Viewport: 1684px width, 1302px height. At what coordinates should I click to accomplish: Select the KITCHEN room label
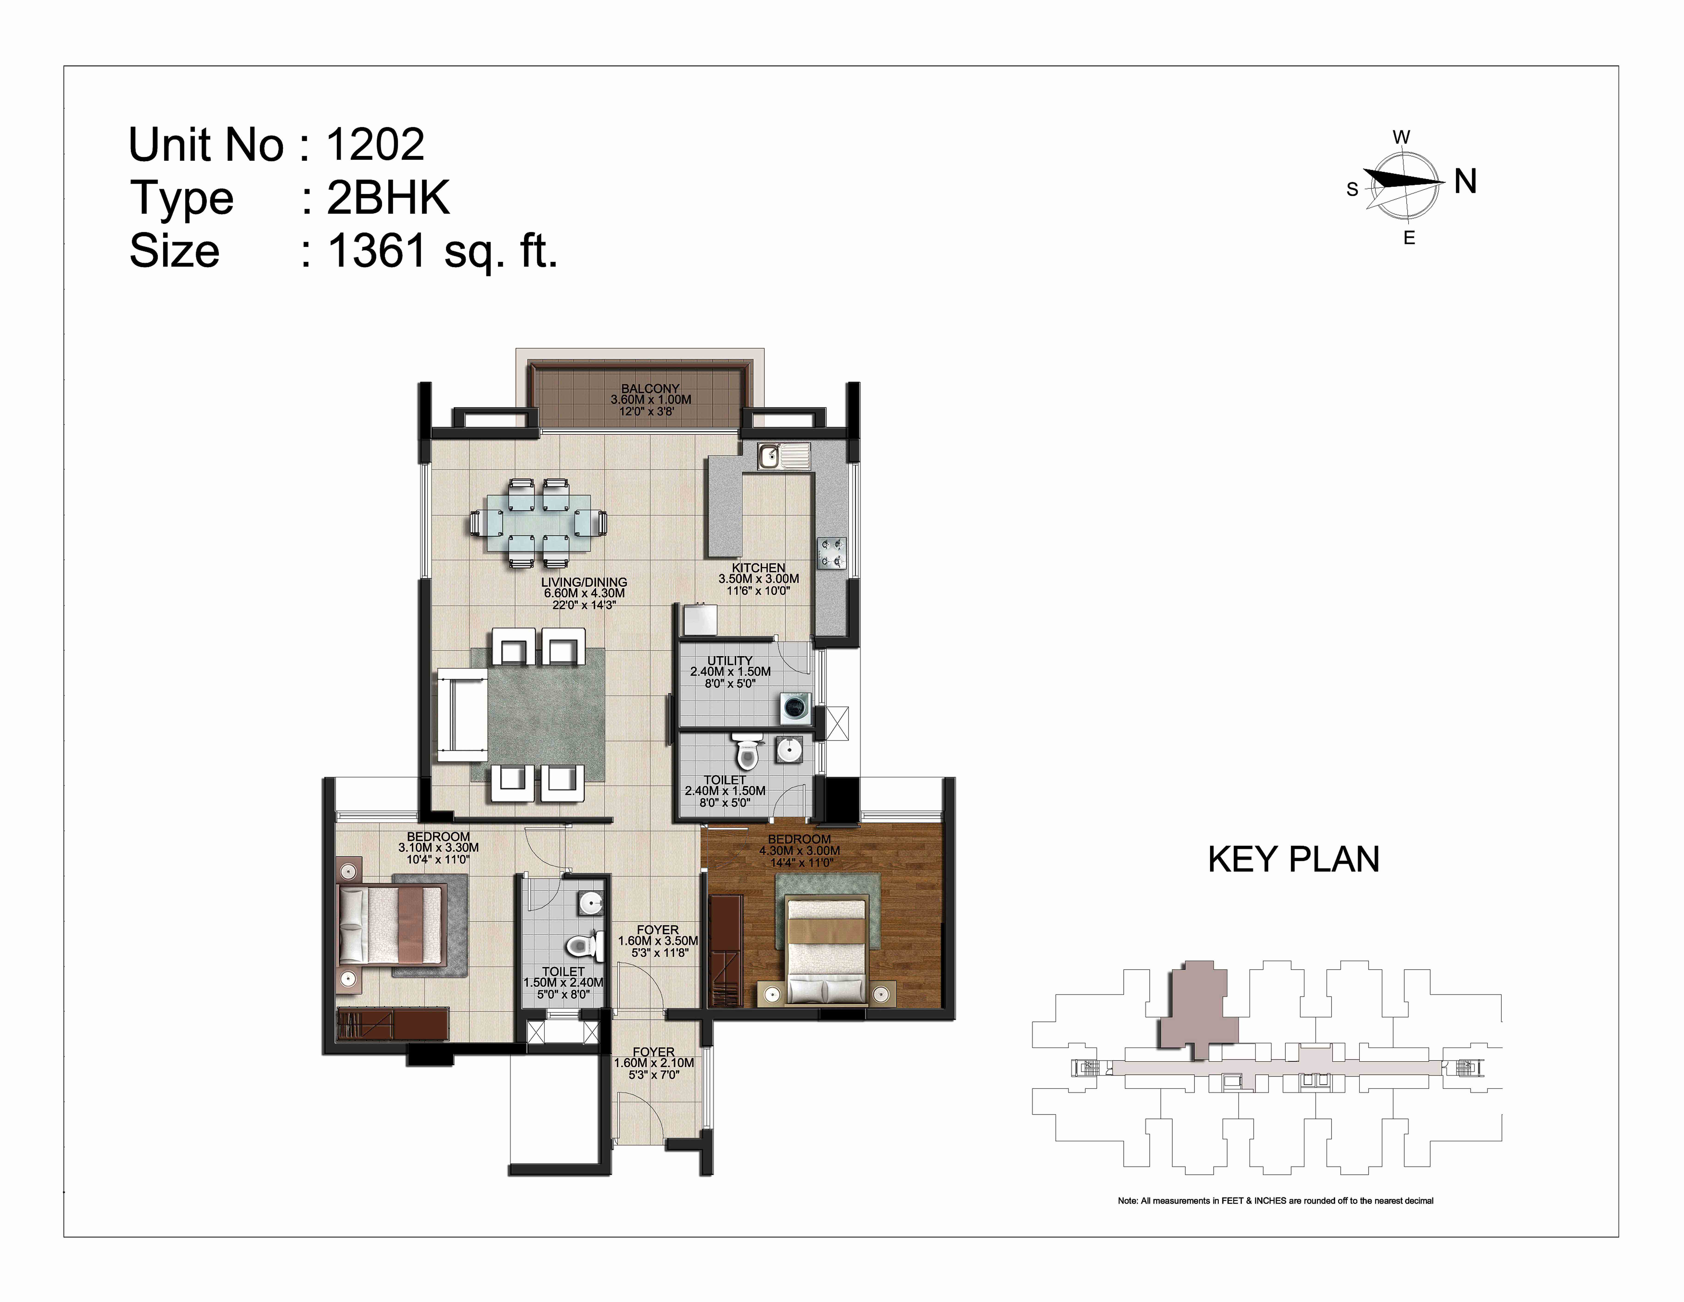click(759, 568)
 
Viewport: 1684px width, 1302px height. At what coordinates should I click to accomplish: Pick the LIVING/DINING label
click(584, 582)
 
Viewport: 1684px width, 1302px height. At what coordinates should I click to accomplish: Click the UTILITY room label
click(730, 661)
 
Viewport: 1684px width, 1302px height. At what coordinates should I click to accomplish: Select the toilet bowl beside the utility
click(746, 753)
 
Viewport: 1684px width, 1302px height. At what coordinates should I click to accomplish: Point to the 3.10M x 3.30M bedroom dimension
click(438, 848)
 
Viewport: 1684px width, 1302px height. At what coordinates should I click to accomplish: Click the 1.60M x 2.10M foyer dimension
click(654, 1063)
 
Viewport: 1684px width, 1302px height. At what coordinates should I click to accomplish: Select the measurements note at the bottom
click(1275, 1201)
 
